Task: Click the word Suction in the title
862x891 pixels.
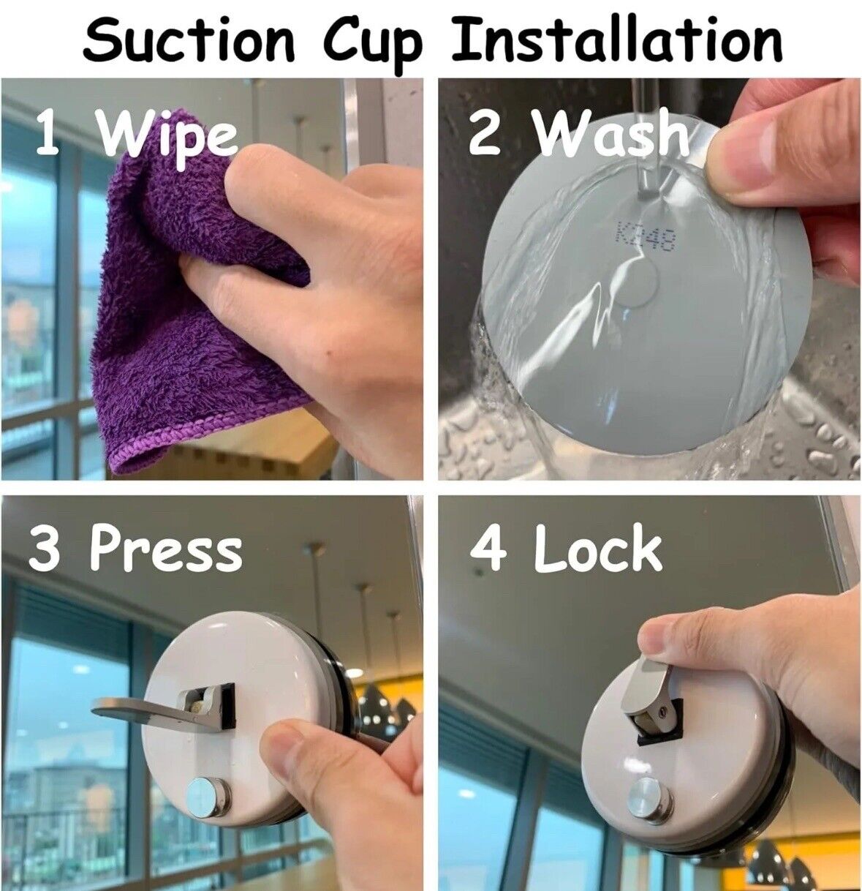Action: (189, 40)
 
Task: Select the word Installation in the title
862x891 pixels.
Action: (616, 40)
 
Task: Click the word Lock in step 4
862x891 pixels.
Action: (597, 549)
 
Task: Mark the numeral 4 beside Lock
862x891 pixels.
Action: (488, 549)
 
